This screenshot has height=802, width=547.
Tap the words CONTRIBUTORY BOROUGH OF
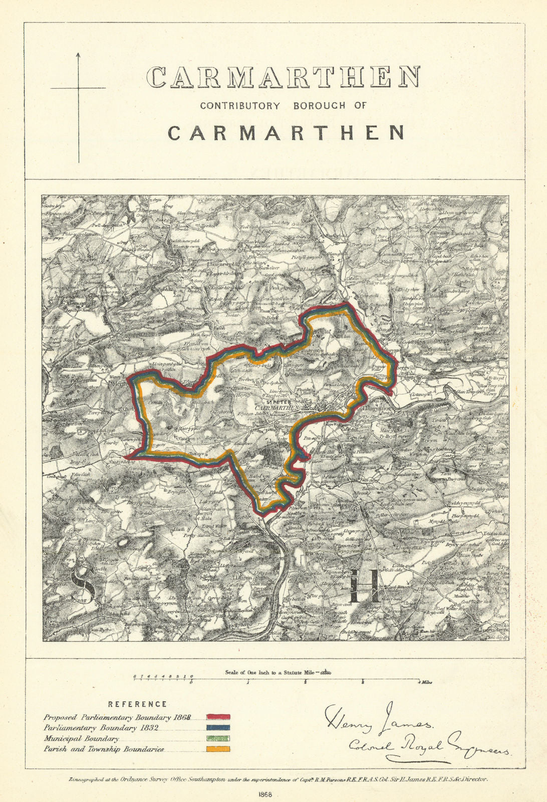(283, 106)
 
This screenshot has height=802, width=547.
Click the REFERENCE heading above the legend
(137, 704)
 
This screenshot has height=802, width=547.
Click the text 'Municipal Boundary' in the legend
(81, 739)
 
